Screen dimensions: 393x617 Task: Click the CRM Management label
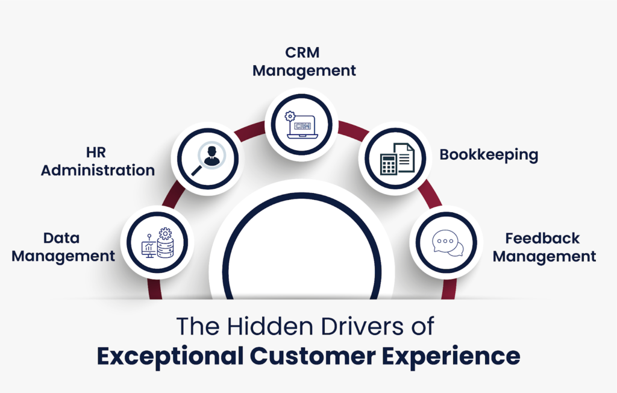coord(304,62)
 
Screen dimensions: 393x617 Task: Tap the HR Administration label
coord(98,161)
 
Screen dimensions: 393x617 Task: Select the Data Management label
coord(63,247)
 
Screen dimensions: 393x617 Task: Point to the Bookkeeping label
coord(489,154)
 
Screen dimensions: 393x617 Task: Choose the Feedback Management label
coord(544,247)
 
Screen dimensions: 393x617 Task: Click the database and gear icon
coord(157,243)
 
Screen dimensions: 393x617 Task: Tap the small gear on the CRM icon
coord(290,115)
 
